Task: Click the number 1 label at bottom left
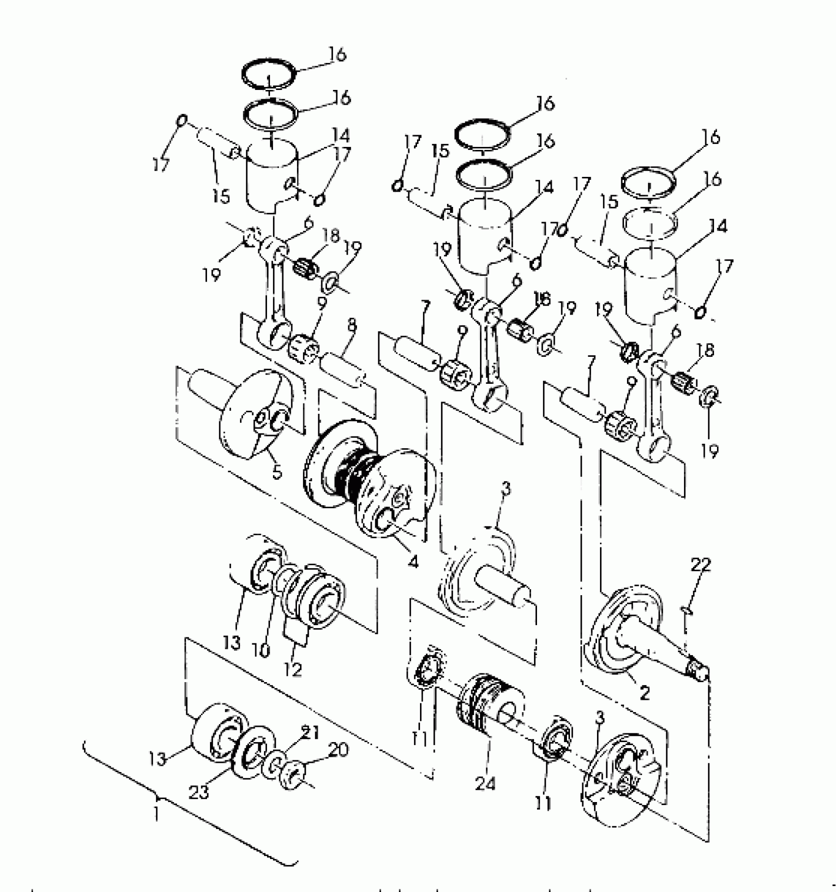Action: click(155, 814)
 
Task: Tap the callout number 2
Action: click(644, 693)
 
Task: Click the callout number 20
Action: click(339, 750)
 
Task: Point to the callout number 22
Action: click(700, 566)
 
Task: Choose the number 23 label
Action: click(200, 792)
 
